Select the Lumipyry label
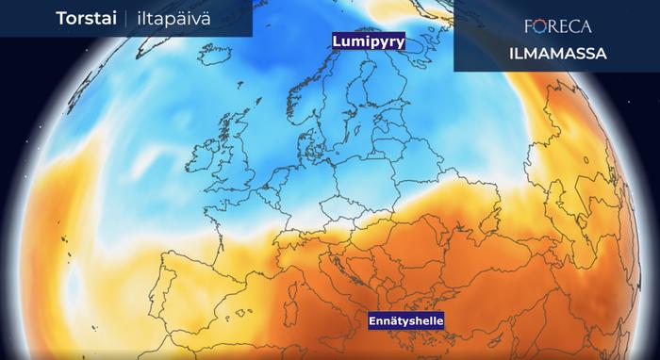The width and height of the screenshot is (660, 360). [x=367, y=42]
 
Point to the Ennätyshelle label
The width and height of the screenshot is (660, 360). [x=405, y=321]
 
